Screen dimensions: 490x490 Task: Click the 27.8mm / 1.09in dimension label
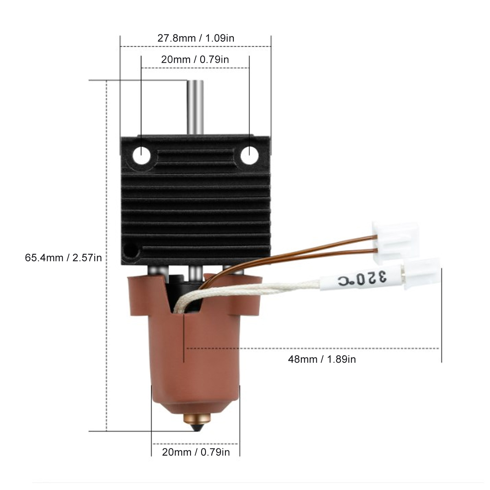click(196, 38)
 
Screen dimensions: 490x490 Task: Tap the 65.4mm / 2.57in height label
click(63, 258)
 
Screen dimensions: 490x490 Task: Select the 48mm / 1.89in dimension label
click(322, 359)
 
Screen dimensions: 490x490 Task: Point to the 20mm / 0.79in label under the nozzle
click(196, 452)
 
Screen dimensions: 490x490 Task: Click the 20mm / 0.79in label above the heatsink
click(195, 59)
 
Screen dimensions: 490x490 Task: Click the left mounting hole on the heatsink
click(142, 156)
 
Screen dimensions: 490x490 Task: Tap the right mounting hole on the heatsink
click(249, 156)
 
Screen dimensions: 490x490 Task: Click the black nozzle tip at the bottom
click(196, 427)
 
